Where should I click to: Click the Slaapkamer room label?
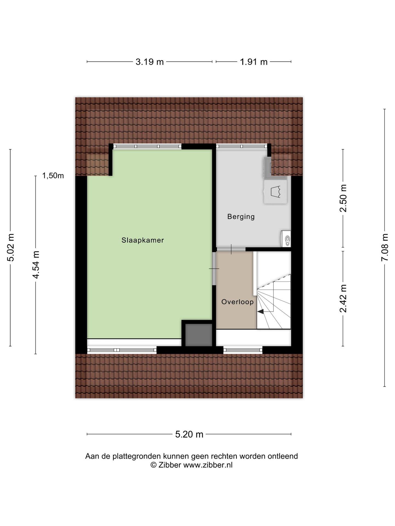pyautogui.click(x=143, y=240)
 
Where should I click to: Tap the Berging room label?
pyautogui.click(x=241, y=217)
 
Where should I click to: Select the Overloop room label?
pyautogui.click(x=237, y=302)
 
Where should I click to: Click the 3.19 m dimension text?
pyautogui.click(x=149, y=62)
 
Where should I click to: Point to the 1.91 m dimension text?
pyautogui.click(x=254, y=62)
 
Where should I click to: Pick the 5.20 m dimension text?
pyautogui.click(x=189, y=434)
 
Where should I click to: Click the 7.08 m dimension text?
pyautogui.click(x=385, y=247)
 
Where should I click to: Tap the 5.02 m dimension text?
pyautogui.click(x=11, y=247)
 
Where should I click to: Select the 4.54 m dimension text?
pyautogui.click(x=36, y=265)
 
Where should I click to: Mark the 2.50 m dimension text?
pyautogui.click(x=343, y=198)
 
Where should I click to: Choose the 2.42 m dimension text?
pyautogui.click(x=343, y=298)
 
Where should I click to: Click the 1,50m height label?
pyautogui.click(x=53, y=176)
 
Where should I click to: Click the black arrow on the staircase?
pyautogui.click(x=260, y=311)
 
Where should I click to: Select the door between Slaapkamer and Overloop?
pyautogui.click(x=214, y=268)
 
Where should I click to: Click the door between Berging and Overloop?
pyautogui.click(x=231, y=249)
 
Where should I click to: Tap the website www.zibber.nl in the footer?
pyautogui.click(x=208, y=465)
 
